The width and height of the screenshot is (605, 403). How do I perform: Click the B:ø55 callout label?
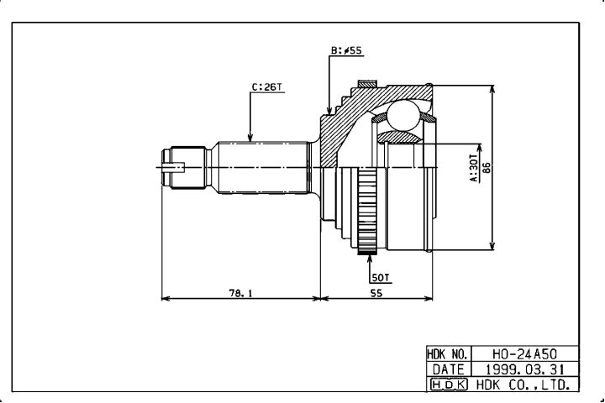[x=346, y=50]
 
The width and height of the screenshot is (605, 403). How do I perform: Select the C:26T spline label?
[x=267, y=87]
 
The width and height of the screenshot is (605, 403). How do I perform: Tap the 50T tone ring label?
[x=381, y=278]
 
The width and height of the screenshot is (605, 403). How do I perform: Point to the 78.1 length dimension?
[x=240, y=293]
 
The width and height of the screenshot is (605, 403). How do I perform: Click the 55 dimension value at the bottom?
[x=376, y=293]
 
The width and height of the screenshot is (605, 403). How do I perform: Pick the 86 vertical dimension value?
[x=487, y=168]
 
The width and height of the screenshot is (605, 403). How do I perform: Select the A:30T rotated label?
[x=473, y=168]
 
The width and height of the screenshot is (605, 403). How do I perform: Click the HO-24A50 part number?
[x=524, y=354]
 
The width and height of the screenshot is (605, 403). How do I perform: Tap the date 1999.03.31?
[x=524, y=369]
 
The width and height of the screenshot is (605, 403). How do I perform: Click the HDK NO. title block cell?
[x=449, y=354]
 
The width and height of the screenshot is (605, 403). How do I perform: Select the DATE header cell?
[x=449, y=369]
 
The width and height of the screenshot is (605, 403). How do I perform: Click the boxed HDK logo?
[x=449, y=385]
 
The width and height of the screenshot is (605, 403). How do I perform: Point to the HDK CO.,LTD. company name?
[x=523, y=385]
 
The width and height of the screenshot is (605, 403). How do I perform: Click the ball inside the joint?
[x=402, y=115]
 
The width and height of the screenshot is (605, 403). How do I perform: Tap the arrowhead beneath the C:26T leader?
[x=250, y=137]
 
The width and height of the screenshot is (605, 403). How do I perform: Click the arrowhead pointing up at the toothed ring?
[x=369, y=259]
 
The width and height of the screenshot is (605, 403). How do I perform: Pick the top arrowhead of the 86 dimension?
[x=492, y=90]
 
